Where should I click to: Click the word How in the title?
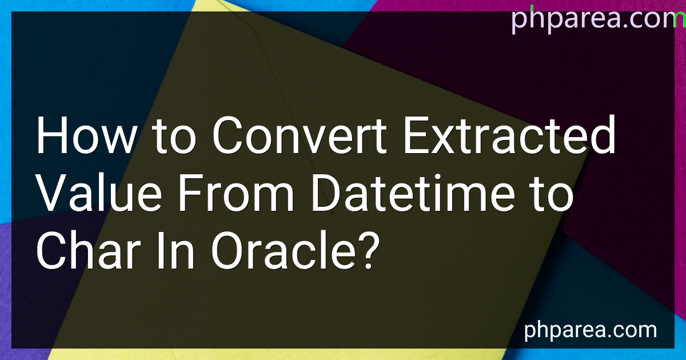86,135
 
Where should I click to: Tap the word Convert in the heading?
299,135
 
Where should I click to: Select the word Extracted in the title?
509,135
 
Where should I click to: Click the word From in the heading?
236,193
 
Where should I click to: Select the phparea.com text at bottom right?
591,330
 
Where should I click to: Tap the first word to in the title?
174,137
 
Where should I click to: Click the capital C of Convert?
226,135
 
